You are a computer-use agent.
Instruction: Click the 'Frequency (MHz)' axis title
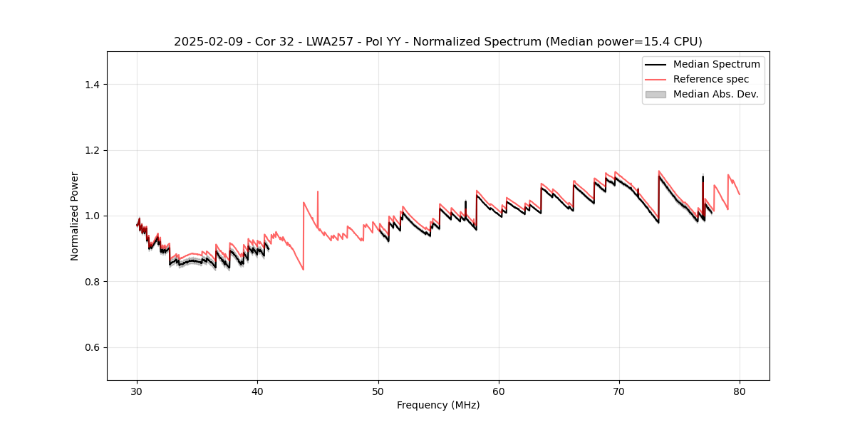(x=438, y=405)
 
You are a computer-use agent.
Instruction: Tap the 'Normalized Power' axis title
(x=75, y=216)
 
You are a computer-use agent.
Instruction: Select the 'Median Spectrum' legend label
(x=716, y=64)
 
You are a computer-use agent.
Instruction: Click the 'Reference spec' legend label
(x=711, y=79)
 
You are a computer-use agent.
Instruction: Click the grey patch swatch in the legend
(x=655, y=94)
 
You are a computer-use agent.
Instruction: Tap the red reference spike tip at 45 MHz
(x=318, y=191)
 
